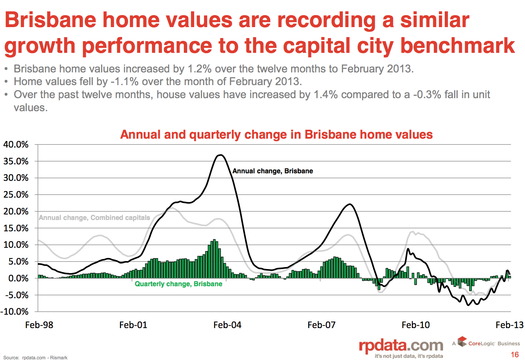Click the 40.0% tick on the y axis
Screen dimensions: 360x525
click(16, 144)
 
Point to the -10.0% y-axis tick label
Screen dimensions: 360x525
click(15, 312)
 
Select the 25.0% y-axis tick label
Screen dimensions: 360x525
click(16, 195)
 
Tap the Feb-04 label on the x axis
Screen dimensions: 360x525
click(227, 325)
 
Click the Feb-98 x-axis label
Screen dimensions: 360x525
click(39, 325)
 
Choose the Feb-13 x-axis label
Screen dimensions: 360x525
click(509, 325)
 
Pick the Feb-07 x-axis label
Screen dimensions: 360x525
click(321, 325)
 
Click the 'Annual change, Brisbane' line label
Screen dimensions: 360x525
click(273, 171)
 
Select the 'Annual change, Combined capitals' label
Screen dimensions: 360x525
click(94, 218)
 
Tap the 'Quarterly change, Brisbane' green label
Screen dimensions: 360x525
click(178, 284)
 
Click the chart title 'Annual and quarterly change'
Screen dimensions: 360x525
click(276, 135)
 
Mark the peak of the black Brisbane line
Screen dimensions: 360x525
click(220, 155)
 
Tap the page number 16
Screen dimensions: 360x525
click(514, 355)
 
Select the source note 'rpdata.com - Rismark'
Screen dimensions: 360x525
click(45, 358)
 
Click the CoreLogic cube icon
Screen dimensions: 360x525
click(462, 341)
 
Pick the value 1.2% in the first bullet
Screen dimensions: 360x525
click(199, 69)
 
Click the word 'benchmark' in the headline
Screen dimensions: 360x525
click(457, 46)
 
